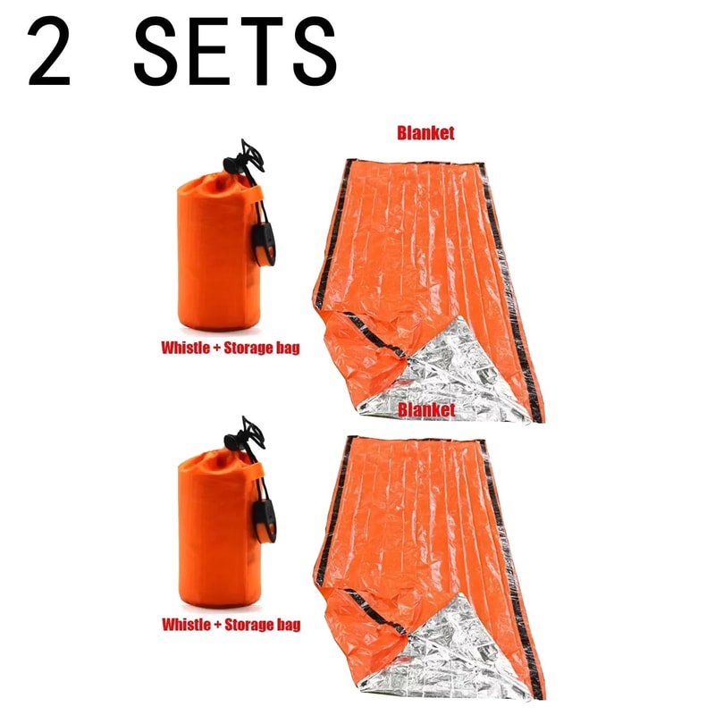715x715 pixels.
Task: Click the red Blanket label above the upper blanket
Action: [426, 133]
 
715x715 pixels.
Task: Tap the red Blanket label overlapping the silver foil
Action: [426, 408]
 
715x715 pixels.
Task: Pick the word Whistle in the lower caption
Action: [185, 624]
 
